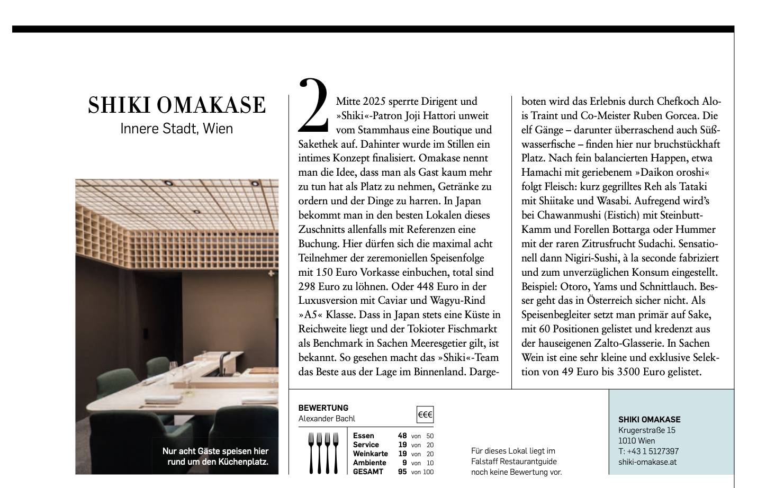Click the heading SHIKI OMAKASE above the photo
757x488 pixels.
(x=177, y=105)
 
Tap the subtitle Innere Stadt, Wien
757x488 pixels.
(x=176, y=129)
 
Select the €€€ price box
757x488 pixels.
(x=425, y=414)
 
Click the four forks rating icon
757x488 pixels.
(x=323, y=453)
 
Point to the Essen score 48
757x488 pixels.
(x=402, y=436)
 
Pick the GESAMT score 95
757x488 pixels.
(x=402, y=472)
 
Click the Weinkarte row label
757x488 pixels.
(x=370, y=454)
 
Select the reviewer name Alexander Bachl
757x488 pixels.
(x=327, y=419)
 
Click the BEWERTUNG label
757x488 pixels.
(x=323, y=408)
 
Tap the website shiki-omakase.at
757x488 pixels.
(x=647, y=462)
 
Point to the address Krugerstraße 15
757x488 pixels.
(x=646, y=430)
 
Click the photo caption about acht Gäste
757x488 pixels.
(x=215, y=456)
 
